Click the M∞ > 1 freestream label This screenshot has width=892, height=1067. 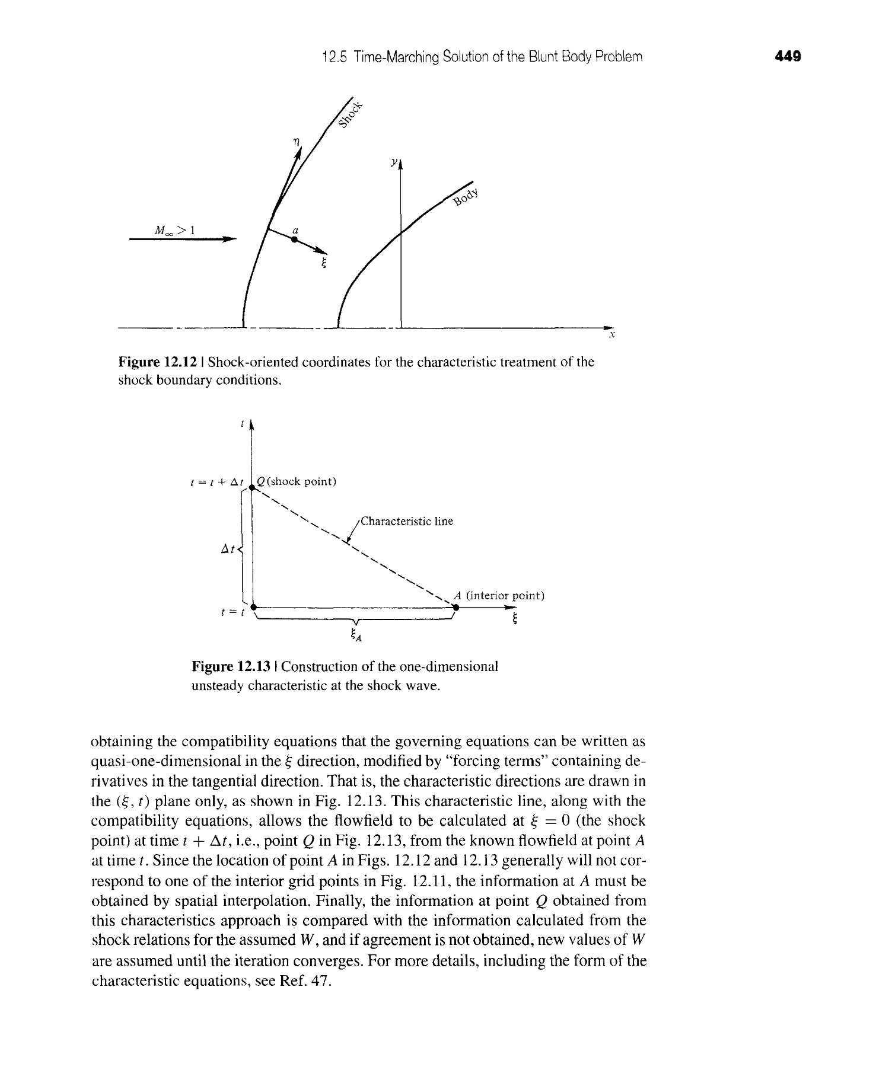click(170, 230)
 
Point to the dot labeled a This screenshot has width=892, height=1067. click(294, 239)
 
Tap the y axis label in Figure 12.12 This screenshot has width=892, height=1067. click(393, 161)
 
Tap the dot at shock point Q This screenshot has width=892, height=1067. click(252, 487)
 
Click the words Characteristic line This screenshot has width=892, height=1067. click(407, 521)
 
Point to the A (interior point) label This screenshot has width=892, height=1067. click(498, 595)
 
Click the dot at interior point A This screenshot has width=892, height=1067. click(455, 608)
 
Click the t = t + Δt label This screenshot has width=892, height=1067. click(216, 482)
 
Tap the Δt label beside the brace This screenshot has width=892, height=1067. click(228, 550)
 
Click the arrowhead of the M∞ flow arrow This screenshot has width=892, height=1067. click(230, 239)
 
